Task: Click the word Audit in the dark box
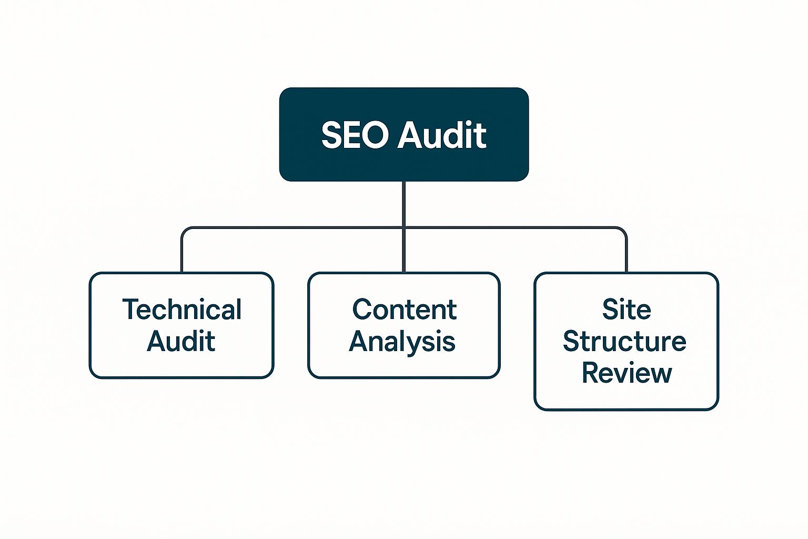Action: coord(442,135)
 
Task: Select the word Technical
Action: coord(181,310)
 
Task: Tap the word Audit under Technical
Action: coord(181,341)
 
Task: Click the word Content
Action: coord(404,310)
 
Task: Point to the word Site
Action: coord(627,310)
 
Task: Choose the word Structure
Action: coord(624,341)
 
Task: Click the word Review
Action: coord(627,373)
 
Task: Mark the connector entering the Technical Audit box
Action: coord(182,253)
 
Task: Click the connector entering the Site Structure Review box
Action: coord(627,253)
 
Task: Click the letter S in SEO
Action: coord(331,135)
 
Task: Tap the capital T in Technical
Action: coord(129,309)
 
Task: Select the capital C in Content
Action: coord(363,310)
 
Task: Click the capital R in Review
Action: coord(591,373)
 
